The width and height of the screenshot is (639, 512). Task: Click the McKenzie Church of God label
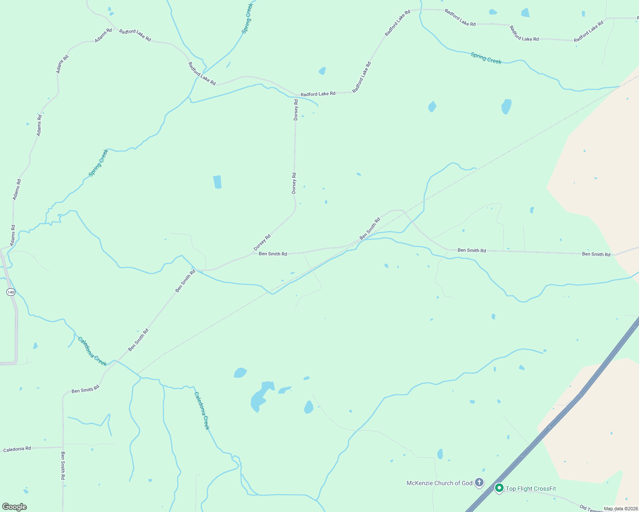click(439, 483)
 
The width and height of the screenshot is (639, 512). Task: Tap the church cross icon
click(479, 483)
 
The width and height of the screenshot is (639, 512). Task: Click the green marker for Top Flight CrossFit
click(499, 488)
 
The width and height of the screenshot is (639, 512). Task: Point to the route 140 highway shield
click(11, 292)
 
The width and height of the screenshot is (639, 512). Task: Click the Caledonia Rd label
click(17, 449)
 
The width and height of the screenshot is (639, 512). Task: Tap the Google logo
click(15, 507)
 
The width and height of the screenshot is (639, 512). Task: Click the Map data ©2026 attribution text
click(620, 509)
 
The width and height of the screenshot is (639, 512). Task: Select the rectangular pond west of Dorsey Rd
click(217, 182)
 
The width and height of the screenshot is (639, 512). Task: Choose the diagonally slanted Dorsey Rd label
click(262, 242)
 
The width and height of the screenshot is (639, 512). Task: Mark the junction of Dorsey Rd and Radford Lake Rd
click(296, 95)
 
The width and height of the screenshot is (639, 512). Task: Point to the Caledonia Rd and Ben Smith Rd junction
click(63, 448)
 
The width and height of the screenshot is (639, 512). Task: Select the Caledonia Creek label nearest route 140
click(92, 351)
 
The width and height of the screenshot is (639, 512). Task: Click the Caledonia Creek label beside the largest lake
click(202, 410)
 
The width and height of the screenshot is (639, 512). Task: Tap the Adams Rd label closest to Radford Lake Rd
click(103, 35)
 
